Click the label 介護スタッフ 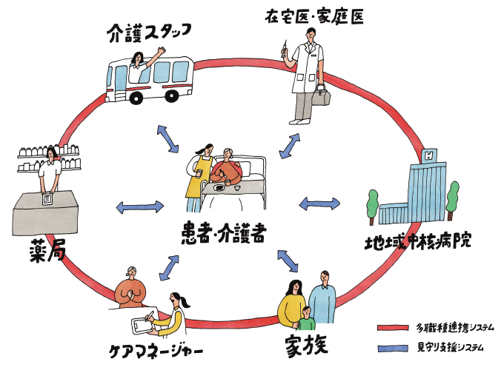(149, 30)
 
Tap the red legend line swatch (393, 327)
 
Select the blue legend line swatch (393, 346)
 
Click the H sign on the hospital (427, 156)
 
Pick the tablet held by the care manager (143, 325)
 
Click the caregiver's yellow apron (195, 189)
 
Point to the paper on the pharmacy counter (47, 199)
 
